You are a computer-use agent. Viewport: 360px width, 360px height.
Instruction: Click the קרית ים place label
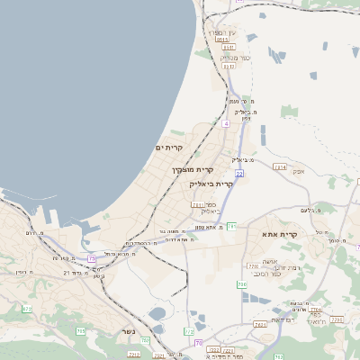(x=168, y=147)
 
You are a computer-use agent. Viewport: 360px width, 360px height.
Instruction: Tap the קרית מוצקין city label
(x=193, y=168)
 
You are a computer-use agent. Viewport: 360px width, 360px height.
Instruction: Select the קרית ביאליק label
(x=211, y=184)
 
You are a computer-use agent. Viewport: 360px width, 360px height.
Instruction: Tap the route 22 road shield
(x=239, y=173)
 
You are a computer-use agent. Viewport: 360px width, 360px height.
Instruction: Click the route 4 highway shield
(x=226, y=123)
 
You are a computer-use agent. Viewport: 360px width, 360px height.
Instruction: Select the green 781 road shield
(x=231, y=226)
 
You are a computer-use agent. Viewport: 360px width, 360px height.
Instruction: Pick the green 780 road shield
(x=242, y=284)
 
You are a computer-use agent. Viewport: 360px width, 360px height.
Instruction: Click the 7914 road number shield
(x=280, y=167)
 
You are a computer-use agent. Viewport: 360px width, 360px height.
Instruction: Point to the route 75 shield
(x=93, y=259)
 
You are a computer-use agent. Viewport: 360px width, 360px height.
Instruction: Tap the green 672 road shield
(x=27, y=309)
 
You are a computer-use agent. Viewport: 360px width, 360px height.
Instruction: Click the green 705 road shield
(x=81, y=331)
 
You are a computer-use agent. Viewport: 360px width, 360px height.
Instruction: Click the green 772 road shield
(x=189, y=332)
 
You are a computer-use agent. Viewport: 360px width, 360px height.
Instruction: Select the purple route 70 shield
(x=197, y=343)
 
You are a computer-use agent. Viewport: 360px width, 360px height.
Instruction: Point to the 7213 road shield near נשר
(x=133, y=355)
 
